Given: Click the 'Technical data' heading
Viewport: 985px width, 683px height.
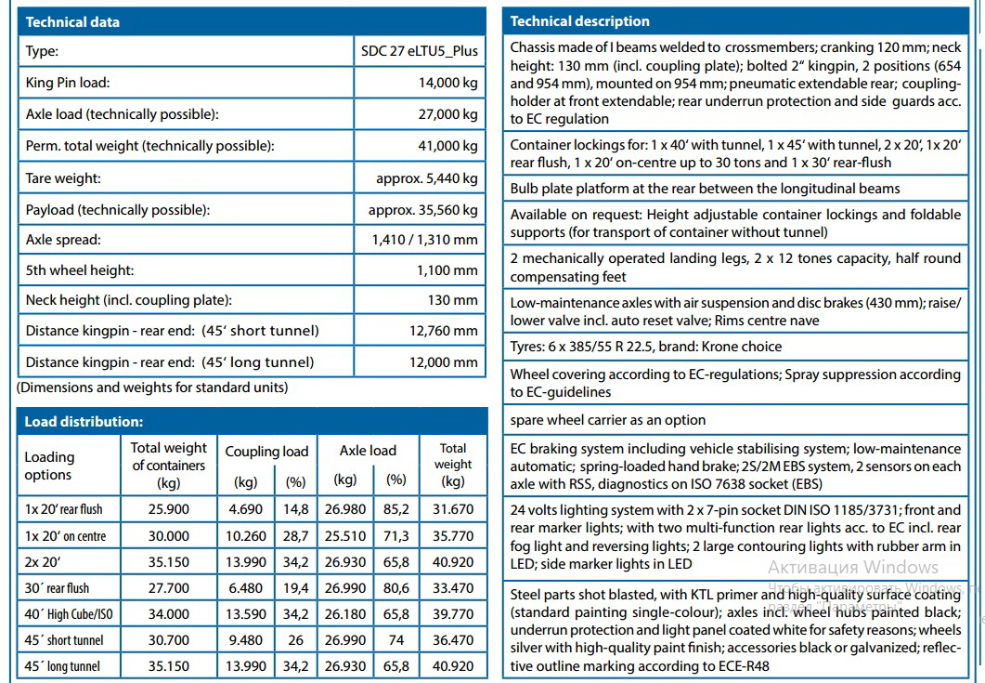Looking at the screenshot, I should (x=72, y=21).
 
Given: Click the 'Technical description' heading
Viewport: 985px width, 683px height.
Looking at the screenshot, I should (x=580, y=21).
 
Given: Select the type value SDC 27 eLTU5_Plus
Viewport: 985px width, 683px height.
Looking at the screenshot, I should (x=419, y=51).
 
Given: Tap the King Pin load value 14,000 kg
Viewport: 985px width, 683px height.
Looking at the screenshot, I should (x=448, y=83).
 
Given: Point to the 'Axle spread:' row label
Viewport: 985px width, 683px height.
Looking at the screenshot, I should (x=63, y=240).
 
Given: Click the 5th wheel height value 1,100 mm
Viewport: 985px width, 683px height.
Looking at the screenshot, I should (x=447, y=270).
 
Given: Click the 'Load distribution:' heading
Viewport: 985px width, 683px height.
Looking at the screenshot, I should (x=84, y=422).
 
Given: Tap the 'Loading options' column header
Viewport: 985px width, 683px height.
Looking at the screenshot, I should (x=49, y=466).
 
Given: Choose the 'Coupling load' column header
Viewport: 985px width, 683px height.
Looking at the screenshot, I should (x=266, y=452).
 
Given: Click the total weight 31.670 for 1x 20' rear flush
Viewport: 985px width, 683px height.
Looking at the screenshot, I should (x=453, y=509).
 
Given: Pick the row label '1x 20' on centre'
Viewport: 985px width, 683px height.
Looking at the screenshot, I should (x=65, y=535).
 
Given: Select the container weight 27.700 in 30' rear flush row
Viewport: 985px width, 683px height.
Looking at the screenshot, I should (x=169, y=588).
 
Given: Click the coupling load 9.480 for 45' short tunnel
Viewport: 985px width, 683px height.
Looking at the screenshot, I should (x=246, y=640).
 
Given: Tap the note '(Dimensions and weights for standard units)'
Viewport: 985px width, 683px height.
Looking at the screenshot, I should (x=152, y=387).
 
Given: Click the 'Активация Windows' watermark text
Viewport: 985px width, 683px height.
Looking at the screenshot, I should (x=852, y=567).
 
